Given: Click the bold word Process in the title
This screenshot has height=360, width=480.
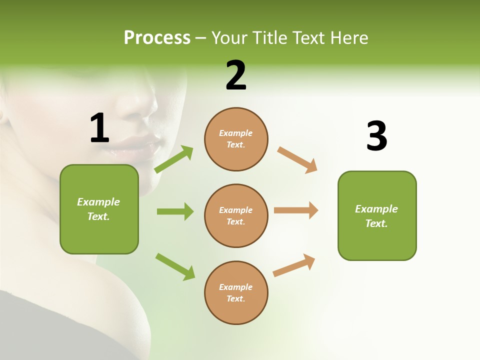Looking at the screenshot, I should click(x=157, y=38).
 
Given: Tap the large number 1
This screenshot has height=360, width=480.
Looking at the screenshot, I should click(x=99, y=128).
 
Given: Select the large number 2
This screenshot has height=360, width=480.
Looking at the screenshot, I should click(x=236, y=75).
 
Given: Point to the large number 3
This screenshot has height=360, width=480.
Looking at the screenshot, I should click(x=376, y=136).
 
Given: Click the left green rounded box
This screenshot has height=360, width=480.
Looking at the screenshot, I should click(x=99, y=209).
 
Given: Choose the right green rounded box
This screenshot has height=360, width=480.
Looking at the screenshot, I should click(x=377, y=215).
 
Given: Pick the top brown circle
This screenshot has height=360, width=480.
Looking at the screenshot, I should click(x=236, y=139).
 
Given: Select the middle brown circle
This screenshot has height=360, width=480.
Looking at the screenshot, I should click(x=236, y=215).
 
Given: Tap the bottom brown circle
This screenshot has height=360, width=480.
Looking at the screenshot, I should click(x=236, y=292).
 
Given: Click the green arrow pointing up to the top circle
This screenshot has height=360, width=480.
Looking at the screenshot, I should click(x=174, y=159).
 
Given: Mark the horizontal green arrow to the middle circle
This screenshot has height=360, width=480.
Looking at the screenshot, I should click(x=175, y=211).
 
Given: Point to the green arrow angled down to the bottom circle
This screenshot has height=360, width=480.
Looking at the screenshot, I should click(x=175, y=266).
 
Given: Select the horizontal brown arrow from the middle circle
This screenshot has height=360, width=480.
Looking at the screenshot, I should click(x=296, y=210).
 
